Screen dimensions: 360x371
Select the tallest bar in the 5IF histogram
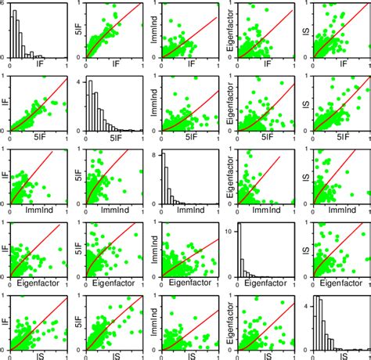[x=90, y=106]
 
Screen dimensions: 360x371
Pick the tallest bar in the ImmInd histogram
[x=165, y=179]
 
